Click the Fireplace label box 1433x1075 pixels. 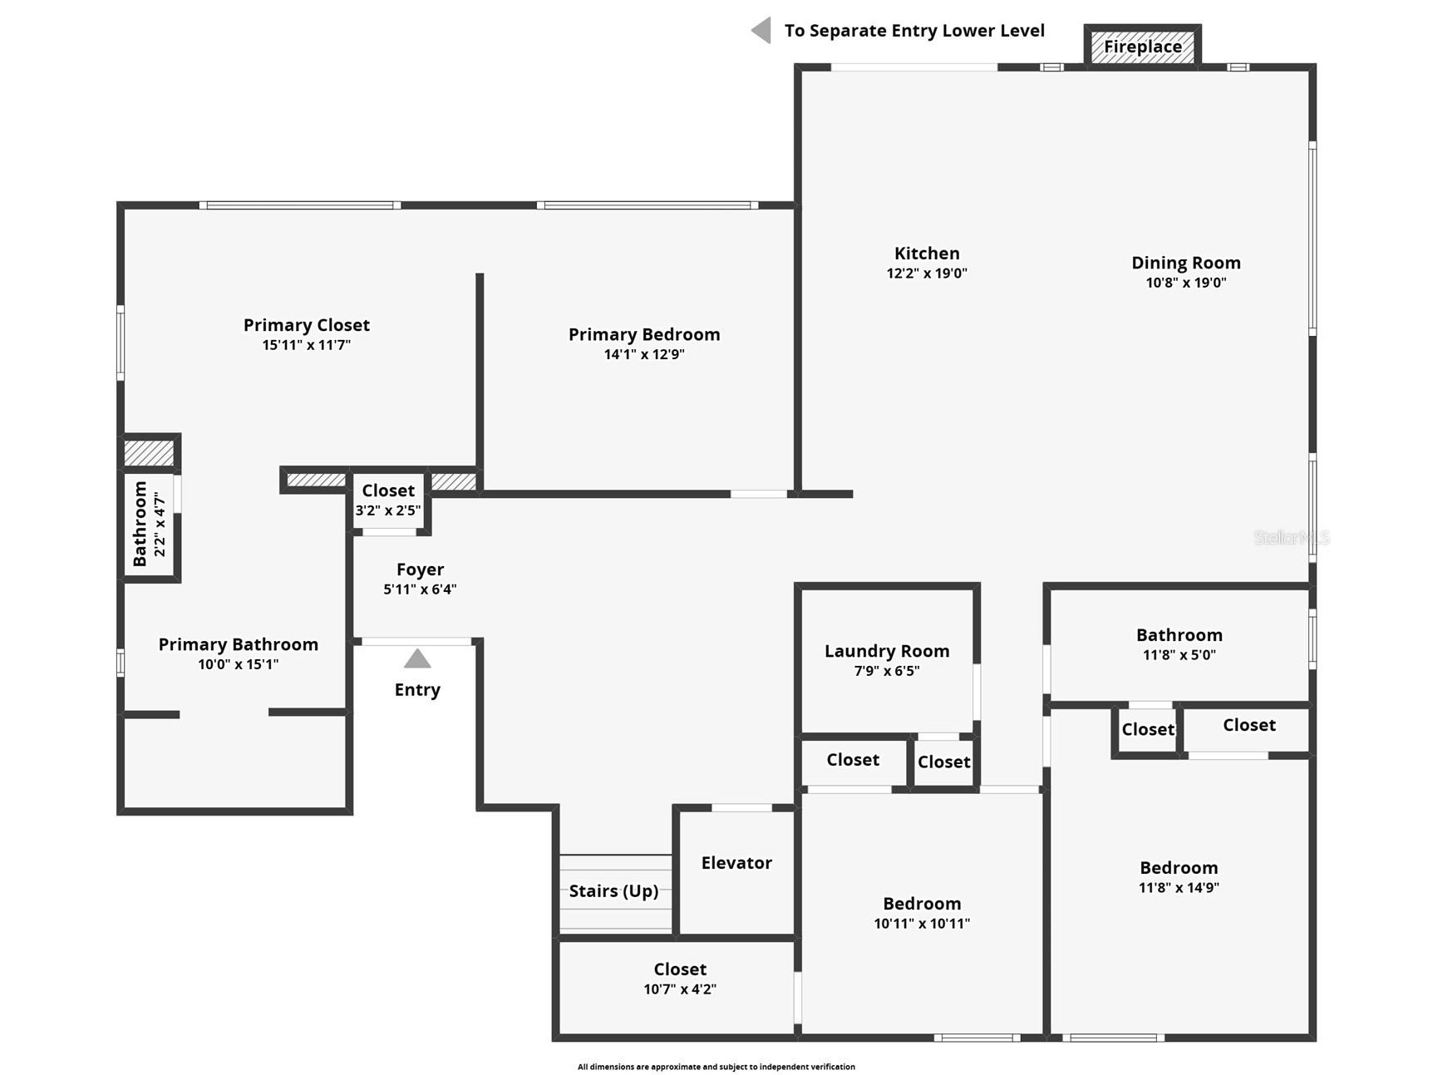click(1142, 47)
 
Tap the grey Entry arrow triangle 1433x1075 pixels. click(417, 659)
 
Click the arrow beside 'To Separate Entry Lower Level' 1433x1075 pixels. click(761, 31)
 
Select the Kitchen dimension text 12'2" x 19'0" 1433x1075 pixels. click(927, 274)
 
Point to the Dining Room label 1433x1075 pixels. click(1185, 263)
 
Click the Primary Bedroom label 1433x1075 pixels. click(644, 334)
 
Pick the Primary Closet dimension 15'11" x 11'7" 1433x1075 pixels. click(307, 345)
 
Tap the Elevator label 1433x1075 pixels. click(736, 863)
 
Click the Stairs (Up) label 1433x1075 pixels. click(613, 891)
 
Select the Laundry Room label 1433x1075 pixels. click(887, 651)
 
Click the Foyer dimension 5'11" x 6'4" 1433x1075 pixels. click(420, 589)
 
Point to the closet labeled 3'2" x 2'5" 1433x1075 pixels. click(388, 500)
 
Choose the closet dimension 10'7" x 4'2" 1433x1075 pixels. click(680, 989)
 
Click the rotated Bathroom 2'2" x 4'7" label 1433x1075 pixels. click(150, 524)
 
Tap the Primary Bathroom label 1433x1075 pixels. click(239, 644)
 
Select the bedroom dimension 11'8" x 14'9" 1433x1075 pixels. click(1179, 888)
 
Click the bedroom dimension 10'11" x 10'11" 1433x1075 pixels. click(922, 924)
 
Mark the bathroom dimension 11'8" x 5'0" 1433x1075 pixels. click(1179, 655)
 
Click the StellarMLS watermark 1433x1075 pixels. click(1291, 538)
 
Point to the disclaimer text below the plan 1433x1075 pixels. click(716, 1067)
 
